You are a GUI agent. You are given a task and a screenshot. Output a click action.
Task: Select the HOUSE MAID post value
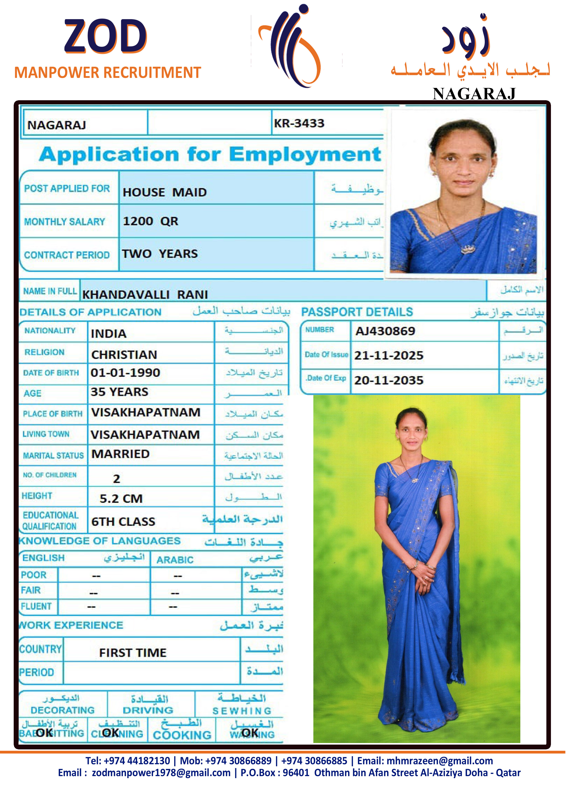coord(165,192)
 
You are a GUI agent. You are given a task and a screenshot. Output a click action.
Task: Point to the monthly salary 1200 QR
coord(150,221)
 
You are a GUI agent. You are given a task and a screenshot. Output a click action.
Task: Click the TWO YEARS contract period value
coord(160,254)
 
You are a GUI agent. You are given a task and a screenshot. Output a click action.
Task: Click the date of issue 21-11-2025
coord(388,355)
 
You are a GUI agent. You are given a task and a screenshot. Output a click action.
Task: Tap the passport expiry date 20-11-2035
coord(388,380)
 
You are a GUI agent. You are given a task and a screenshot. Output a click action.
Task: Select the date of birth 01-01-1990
coord(125,373)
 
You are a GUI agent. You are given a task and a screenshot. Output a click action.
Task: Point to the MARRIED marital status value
coord(120,454)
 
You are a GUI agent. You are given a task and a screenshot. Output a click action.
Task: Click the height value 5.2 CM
coord(121,498)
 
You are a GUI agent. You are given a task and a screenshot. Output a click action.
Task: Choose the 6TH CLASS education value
coord(123,521)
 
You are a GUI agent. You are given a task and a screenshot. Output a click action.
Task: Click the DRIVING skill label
coord(148,710)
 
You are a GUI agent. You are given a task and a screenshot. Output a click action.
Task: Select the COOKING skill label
coord(182,735)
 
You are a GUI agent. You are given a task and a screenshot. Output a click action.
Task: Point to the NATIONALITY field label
coord(50,330)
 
